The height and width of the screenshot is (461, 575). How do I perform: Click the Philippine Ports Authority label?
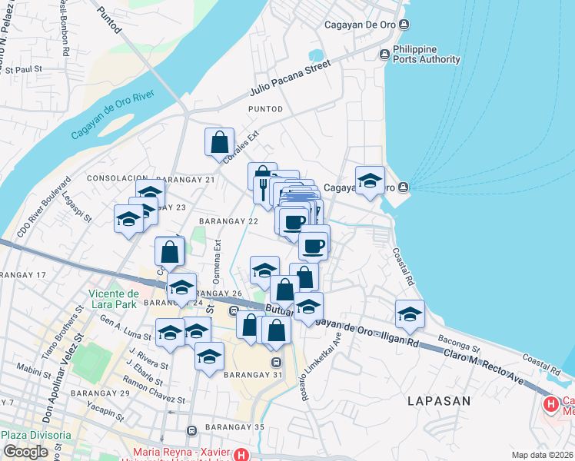426,54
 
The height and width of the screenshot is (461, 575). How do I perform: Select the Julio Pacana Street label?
289,80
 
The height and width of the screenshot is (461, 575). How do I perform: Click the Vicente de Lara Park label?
113,298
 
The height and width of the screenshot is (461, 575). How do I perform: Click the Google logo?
25,452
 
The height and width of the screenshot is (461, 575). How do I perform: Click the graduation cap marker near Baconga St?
410,313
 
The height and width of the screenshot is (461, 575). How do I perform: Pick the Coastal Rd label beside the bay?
403,264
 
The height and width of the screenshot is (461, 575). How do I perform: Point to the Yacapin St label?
105,409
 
